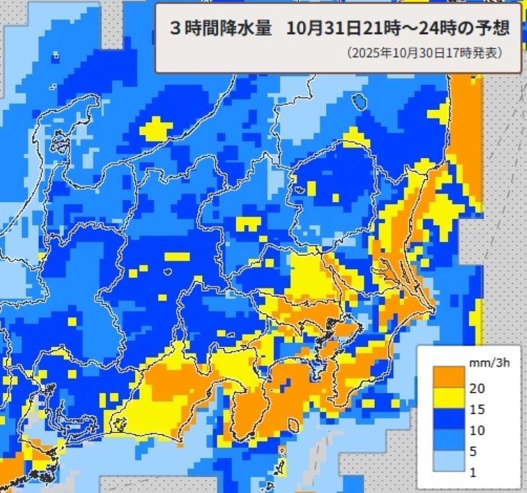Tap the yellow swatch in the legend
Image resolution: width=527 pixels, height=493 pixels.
pyautogui.click(x=446, y=399)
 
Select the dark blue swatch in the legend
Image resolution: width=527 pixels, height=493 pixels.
pyautogui.click(x=446, y=420)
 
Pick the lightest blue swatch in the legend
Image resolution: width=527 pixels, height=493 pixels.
pyautogui.click(x=446, y=462)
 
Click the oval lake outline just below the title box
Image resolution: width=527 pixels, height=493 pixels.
pyautogui.click(x=359, y=101)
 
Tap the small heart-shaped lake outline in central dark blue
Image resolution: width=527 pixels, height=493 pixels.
pyautogui.click(x=167, y=271)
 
